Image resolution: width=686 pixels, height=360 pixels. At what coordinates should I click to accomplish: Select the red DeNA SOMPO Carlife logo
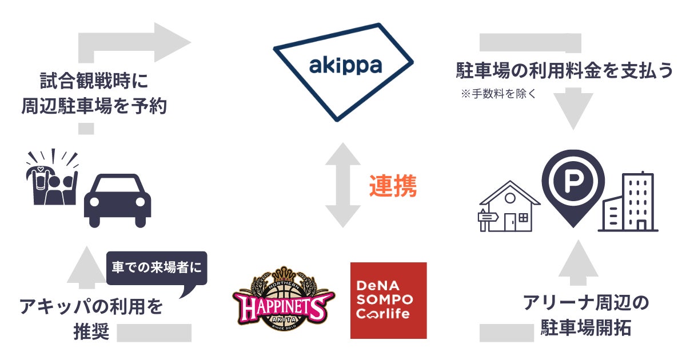[x=388, y=301]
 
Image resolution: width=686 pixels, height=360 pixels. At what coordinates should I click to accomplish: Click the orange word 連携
[x=392, y=187]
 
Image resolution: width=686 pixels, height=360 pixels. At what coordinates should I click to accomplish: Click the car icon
[x=117, y=201]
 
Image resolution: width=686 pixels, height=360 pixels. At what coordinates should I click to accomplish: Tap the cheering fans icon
[x=52, y=178]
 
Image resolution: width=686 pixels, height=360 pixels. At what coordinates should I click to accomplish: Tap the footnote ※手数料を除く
[x=498, y=94]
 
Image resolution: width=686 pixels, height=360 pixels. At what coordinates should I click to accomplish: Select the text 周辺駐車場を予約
[x=94, y=106]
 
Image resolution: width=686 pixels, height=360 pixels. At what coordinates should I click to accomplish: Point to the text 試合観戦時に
[x=94, y=81]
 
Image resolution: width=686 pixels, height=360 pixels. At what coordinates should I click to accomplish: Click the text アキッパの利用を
[x=91, y=307]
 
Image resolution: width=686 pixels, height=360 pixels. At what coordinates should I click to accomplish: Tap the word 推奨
[x=91, y=331]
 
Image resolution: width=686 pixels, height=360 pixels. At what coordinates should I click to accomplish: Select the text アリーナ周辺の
[x=586, y=303]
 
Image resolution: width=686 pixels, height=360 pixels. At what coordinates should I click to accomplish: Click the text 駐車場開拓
[x=586, y=329]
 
